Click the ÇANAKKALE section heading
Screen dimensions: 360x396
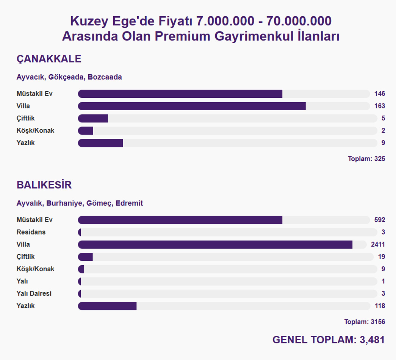[x=49, y=59]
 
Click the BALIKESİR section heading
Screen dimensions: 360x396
[x=44, y=185]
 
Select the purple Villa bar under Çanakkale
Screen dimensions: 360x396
[x=192, y=106]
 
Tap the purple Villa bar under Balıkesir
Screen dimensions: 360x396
[x=215, y=244]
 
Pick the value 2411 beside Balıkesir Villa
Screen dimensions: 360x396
[x=378, y=244]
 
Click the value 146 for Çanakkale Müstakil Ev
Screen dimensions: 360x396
[x=379, y=94]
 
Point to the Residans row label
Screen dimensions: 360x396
[x=31, y=232]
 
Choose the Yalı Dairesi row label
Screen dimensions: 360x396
[x=34, y=294]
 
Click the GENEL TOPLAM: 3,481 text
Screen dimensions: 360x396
[x=329, y=340]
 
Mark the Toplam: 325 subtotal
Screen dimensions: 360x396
[x=366, y=159]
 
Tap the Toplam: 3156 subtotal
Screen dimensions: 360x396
[x=365, y=322]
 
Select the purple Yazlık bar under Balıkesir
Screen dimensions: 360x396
[x=107, y=306]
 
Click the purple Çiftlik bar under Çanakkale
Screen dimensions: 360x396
[x=93, y=118]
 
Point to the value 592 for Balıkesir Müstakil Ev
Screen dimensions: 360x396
[x=379, y=220]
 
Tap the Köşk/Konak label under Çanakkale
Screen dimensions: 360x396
[x=35, y=131]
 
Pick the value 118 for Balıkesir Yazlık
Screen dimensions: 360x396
[x=379, y=306]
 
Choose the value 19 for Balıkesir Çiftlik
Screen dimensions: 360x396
[x=382, y=257]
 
